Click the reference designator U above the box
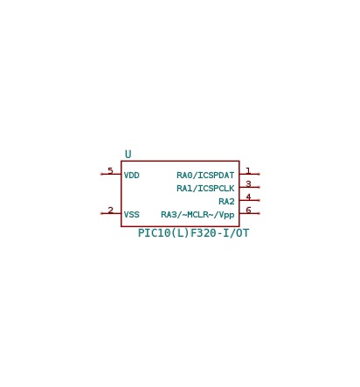128,154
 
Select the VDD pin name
132,176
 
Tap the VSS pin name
132,215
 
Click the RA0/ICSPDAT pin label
205,176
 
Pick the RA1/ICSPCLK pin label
205,189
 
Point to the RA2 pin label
226,202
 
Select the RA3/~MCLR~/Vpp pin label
197,215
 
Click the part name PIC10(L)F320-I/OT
193,233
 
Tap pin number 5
110,170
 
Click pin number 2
110,210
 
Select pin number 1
248,170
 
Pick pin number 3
248,183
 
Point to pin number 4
248,197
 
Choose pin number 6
248,210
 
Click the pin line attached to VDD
111,174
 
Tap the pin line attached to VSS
111,213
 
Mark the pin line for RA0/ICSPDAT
250,174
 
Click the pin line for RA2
250,200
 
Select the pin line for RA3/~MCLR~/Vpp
250,213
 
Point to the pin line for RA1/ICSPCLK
250,187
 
